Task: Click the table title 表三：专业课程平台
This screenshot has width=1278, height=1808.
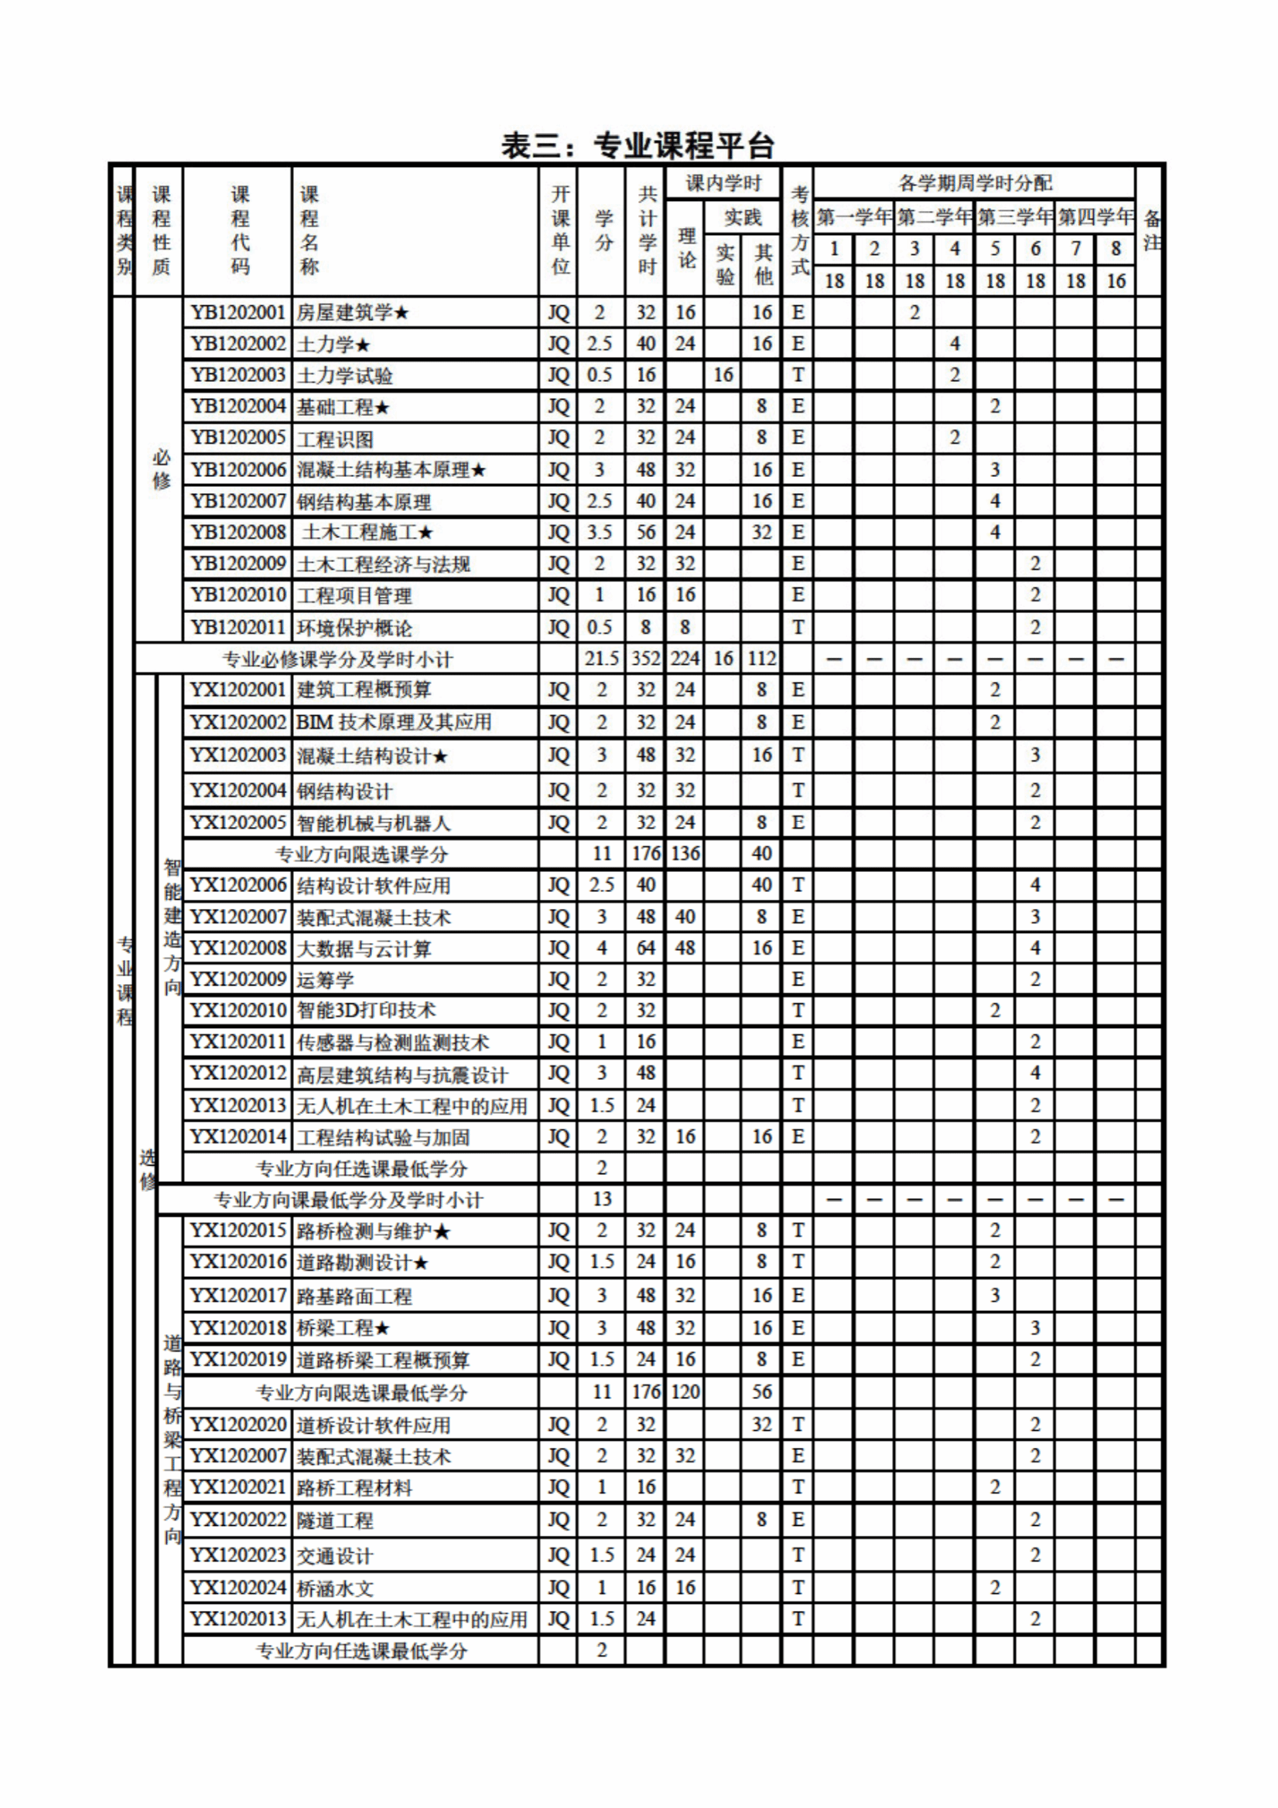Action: pos(638,145)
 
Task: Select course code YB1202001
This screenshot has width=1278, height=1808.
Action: pos(238,312)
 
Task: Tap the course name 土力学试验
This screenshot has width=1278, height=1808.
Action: pos(345,376)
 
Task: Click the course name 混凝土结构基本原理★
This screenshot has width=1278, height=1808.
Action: pos(391,470)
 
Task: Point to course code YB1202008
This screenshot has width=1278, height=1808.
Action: pos(238,533)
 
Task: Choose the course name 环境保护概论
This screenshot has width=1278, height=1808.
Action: pos(354,628)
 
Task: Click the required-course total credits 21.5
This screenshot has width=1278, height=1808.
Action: pos(601,659)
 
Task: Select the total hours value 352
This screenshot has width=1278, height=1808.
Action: pos(645,659)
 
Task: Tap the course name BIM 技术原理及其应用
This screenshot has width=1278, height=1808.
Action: pos(394,722)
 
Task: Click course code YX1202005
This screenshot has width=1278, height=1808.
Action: pos(238,823)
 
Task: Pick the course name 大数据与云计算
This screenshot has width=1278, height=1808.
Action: pos(364,949)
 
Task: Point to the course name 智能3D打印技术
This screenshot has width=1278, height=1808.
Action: pos(367,1010)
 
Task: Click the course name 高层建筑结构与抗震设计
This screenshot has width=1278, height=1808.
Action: pos(402,1074)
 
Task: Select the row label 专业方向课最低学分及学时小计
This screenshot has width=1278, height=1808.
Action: pos(348,1200)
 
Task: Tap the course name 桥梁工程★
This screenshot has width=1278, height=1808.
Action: pos(343,1329)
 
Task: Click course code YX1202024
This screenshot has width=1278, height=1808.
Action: pos(238,1588)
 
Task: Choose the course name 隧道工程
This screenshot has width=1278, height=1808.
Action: pos(335,1520)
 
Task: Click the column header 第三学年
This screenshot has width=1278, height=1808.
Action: pos(1015,216)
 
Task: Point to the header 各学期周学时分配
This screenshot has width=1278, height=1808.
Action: pos(975,183)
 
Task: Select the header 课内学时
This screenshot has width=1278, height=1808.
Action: pos(723,183)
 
